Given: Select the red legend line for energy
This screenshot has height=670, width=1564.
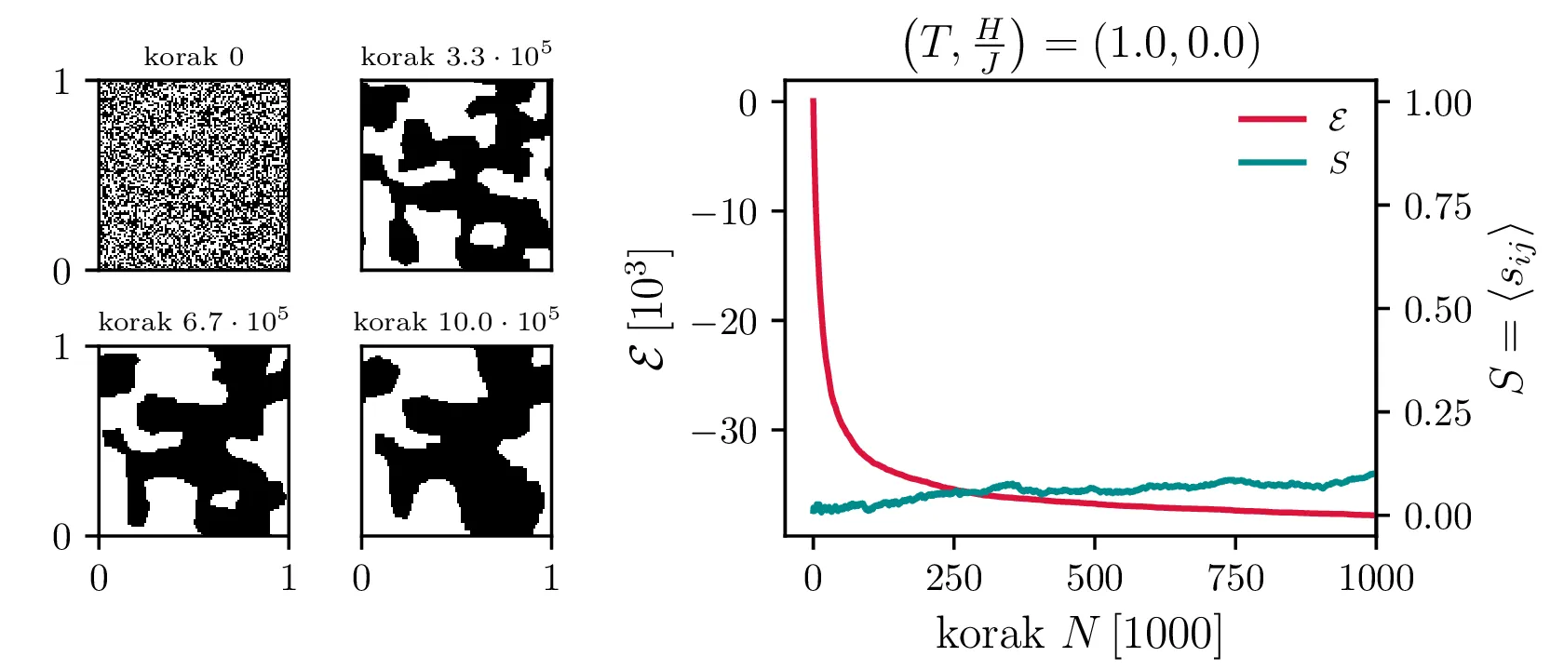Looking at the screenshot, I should (1272, 119).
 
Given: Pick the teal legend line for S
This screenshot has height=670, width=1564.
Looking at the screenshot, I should (1272, 163).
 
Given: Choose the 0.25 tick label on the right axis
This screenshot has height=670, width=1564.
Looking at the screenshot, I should (1437, 412).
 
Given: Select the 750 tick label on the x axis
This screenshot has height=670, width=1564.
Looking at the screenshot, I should (1235, 579).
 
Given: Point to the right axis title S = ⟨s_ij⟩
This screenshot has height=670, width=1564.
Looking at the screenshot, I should (1510, 309).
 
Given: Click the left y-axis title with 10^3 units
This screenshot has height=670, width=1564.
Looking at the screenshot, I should (649, 309).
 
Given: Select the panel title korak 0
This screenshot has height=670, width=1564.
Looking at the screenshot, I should (194, 58).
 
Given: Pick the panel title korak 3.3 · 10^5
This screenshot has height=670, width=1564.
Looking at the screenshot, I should (456, 56).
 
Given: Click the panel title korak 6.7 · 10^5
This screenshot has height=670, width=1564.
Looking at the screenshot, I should (194, 321).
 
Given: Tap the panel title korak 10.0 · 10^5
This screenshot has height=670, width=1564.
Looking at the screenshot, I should (456, 321).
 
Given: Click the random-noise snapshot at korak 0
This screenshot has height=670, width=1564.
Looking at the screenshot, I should (194, 175).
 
